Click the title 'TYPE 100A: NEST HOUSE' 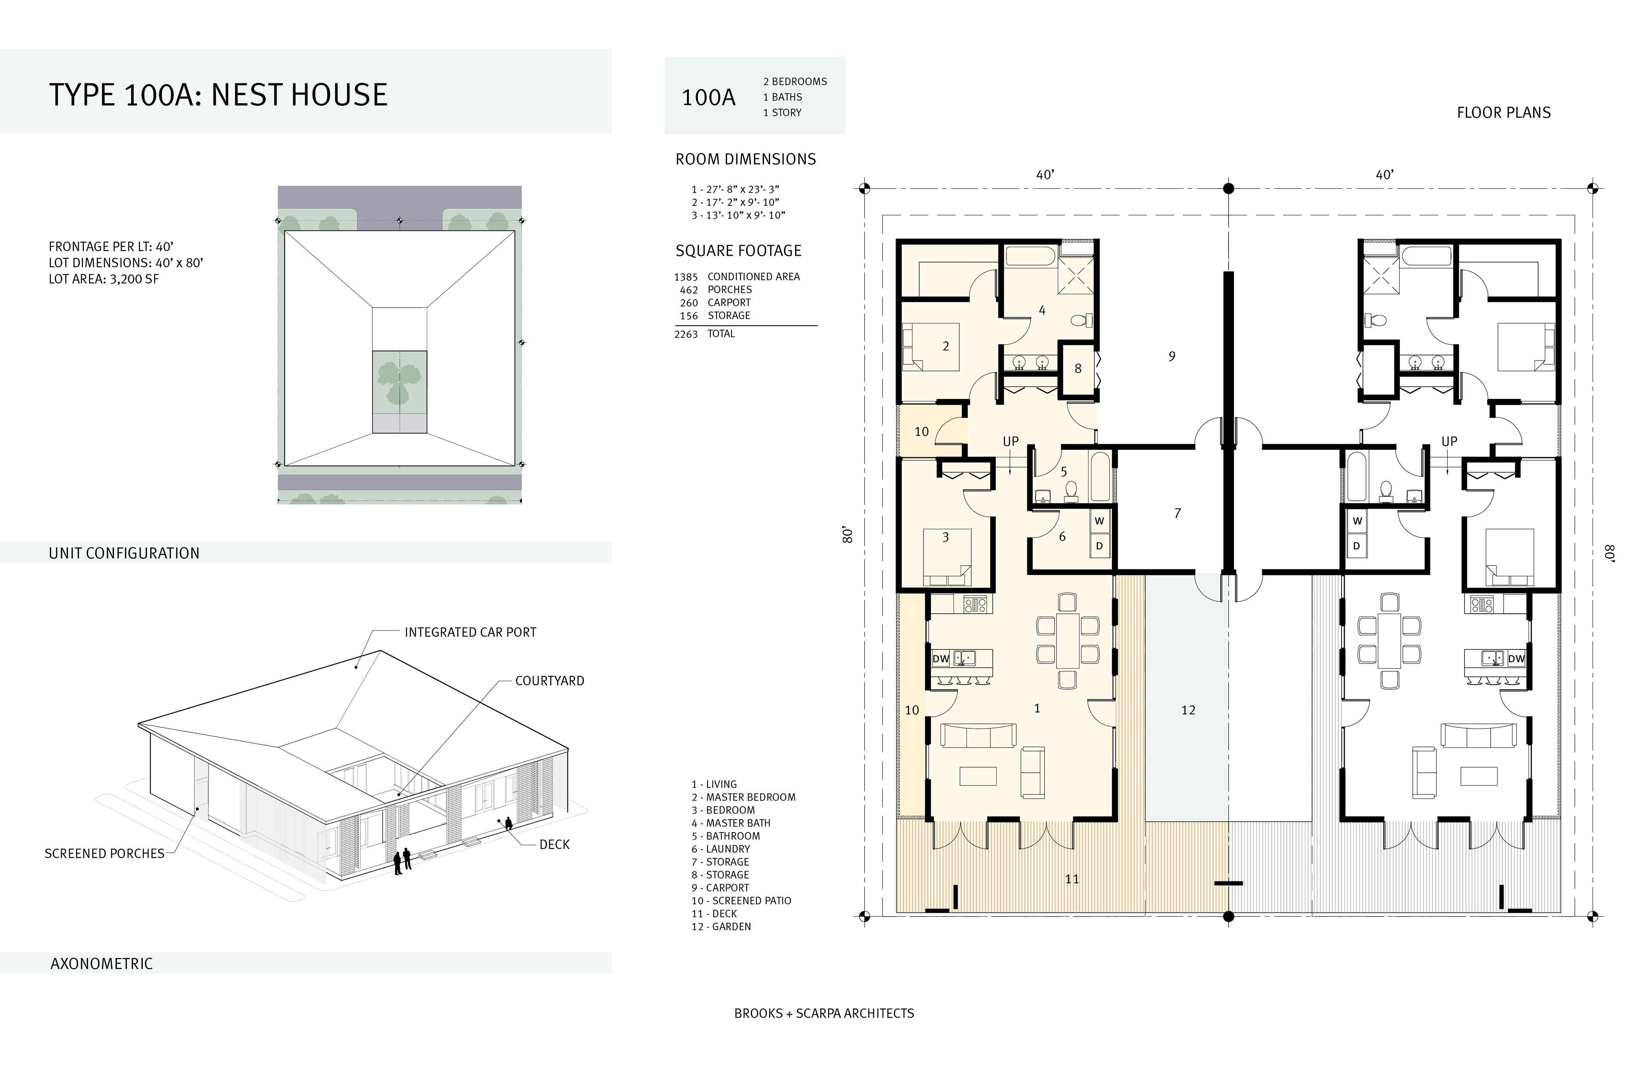pyautogui.click(x=218, y=95)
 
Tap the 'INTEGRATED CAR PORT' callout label pyautogui.click(x=470, y=633)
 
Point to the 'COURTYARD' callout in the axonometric pyautogui.click(x=549, y=681)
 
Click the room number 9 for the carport pyautogui.click(x=1172, y=356)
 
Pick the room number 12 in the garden pyautogui.click(x=1188, y=710)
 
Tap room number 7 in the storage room pyautogui.click(x=1177, y=513)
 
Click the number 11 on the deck pyautogui.click(x=1072, y=879)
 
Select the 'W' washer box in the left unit pyautogui.click(x=1099, y=521)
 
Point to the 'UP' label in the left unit pyautogui.click(x=1011, y=442)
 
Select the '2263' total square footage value pyautogui.click(x=686, y=334)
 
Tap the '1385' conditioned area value pyautogui.click(x=686, y=277)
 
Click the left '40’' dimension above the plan pyautogui.click(x=1045, y=175)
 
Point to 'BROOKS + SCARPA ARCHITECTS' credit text pyautogui.click(x=824, y=1013)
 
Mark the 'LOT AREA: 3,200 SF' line pyautogui.click(x=104, y=279)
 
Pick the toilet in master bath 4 pyautogui.click(x=1081, y=321)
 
